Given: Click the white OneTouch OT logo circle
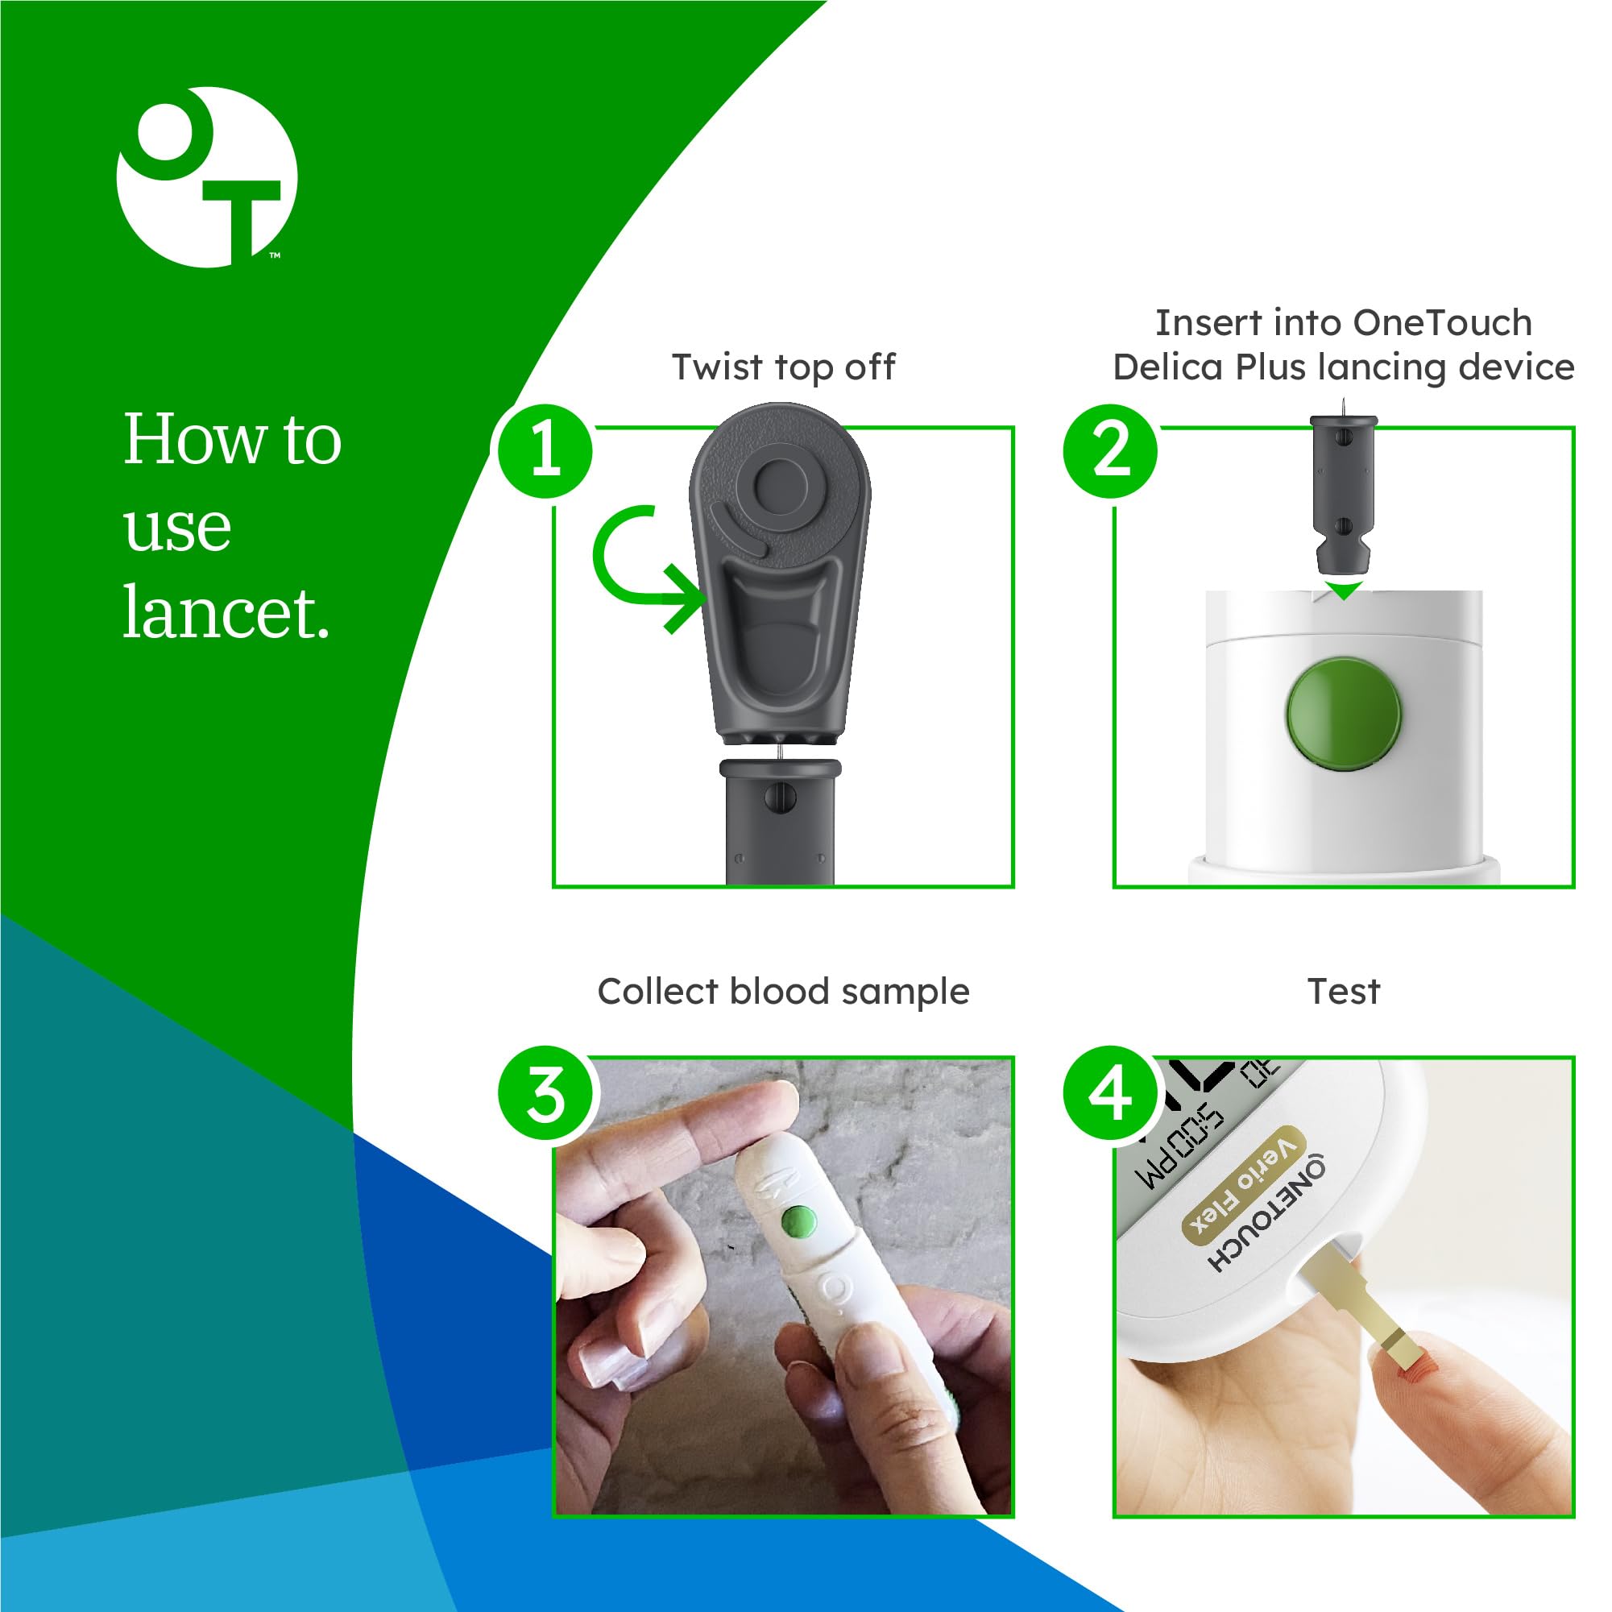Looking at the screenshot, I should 207,177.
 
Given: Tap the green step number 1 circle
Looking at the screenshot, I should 545,451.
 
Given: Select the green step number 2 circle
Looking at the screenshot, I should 1110,451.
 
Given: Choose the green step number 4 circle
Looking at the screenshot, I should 1110,1094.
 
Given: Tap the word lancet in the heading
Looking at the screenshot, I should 226,613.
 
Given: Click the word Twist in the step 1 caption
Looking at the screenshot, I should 719,368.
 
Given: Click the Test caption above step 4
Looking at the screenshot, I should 1342,992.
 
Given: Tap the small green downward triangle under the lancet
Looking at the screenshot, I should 1345,591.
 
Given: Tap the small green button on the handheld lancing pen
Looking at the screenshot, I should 797,1224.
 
